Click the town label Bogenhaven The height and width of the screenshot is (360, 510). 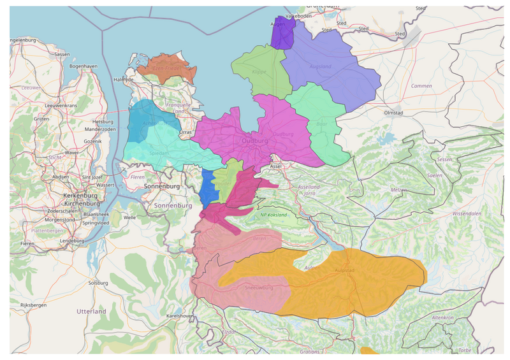point(84,66)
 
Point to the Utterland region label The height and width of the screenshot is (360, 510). point(91,312)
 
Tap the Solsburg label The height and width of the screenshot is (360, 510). point(99,282)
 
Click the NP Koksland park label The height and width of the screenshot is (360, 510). point(273,215)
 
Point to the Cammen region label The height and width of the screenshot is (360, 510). point(421,86)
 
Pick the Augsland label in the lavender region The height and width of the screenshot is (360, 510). point(319,66)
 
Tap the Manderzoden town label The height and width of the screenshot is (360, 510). point(99,129)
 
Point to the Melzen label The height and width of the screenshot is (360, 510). point(399,191)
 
